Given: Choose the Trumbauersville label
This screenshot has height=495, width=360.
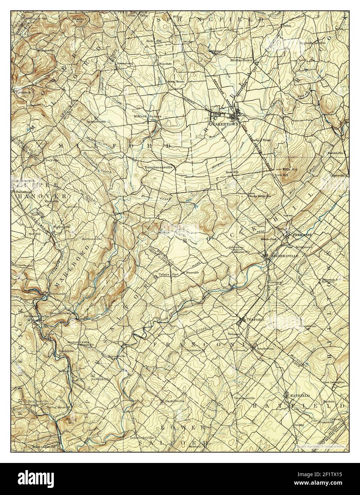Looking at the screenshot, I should (x=159, y=167).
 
